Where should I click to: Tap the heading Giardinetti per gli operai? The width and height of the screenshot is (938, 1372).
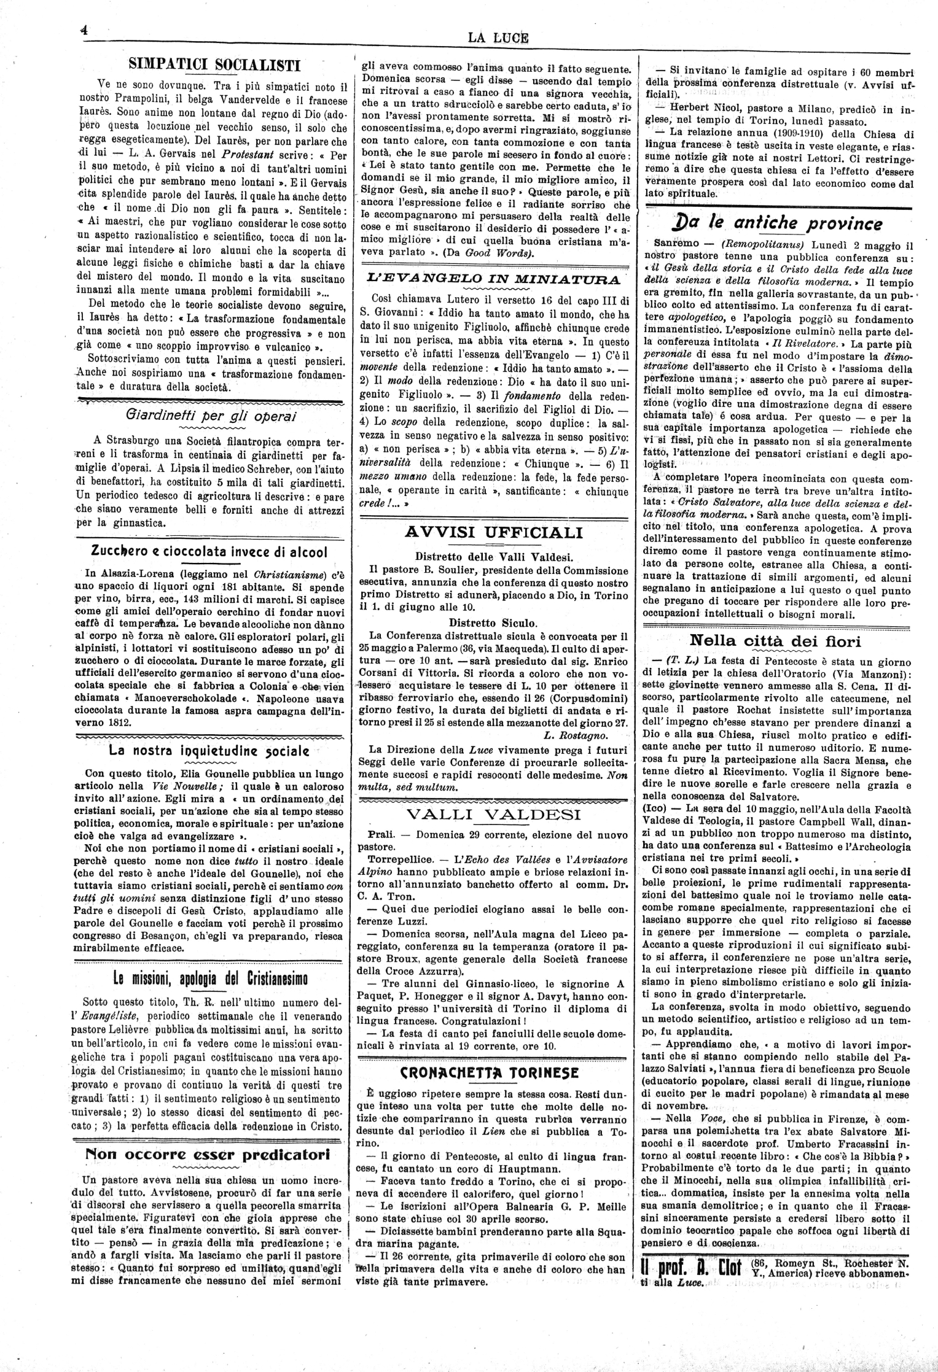(211, 415)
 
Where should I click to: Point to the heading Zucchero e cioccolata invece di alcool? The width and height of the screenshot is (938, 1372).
(209, 551)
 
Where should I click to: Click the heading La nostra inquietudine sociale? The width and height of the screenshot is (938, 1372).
(209, 750)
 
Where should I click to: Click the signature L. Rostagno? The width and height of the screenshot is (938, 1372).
(576, 735)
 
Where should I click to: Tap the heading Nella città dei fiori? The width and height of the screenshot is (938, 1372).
(775, 641)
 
